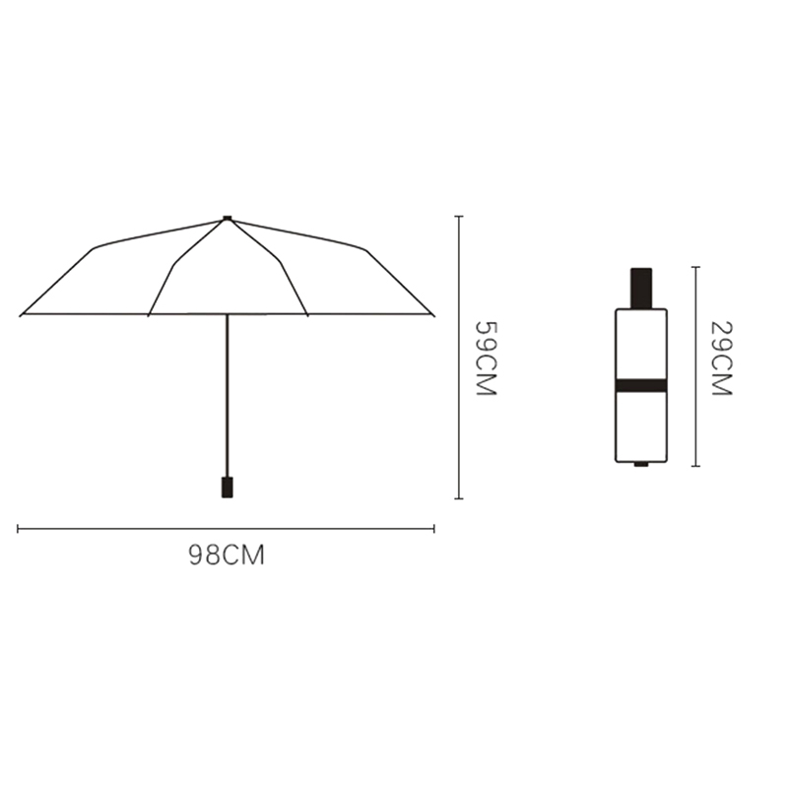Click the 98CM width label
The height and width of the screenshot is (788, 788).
(x=227, y=556)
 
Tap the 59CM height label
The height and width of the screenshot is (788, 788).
(x=486, y=359)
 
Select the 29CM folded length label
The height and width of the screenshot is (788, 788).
(x=722, y=359)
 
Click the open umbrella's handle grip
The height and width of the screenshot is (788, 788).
(x=228, y=487)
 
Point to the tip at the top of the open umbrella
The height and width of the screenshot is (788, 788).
(x=228, y=218)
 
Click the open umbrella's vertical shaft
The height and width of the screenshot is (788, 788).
(x=228, y=396)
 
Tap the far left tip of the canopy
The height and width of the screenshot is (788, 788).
(x=21, y=315)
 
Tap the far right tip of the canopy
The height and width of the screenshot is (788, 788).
(x=433, y=315)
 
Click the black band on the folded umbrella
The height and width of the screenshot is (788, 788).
(x=641, y=385)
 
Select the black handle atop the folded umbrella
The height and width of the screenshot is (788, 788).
(x=641, y=288)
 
